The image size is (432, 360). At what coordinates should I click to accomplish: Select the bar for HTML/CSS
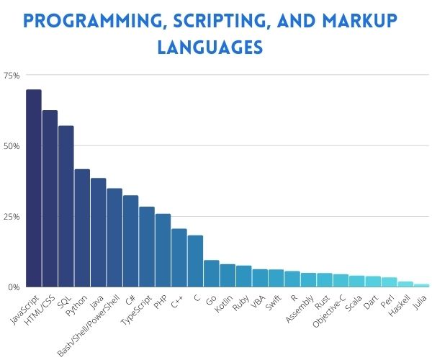tap(50, 199)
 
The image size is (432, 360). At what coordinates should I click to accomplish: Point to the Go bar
tap(212, 274)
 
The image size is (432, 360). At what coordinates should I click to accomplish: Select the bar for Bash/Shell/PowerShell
tap(114, 238)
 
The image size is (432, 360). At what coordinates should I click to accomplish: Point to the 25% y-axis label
tap(12, 217)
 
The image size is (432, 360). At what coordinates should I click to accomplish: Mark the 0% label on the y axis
tap(14, 287)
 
